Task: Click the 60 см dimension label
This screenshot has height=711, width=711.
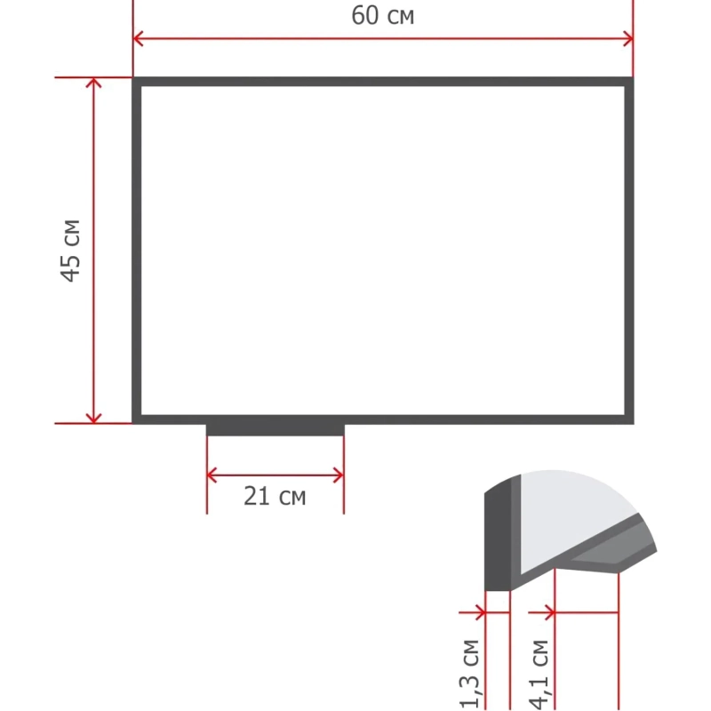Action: click(382, 15)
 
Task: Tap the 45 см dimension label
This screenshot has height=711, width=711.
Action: click(71, 251)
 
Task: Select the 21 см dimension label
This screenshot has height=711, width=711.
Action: click(275, 496)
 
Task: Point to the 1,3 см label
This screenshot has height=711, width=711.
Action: click(469, 674)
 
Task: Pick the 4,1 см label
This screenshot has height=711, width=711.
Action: click(539, 675)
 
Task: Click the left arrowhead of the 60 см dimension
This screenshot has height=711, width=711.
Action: click(138, 38)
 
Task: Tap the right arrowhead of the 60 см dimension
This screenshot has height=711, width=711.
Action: click(628, 38)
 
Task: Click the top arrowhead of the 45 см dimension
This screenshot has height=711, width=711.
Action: click(93, 83)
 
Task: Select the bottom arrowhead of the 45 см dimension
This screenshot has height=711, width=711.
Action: click(93, 418)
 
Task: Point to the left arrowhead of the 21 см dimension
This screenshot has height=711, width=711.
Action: click(212, 475)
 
